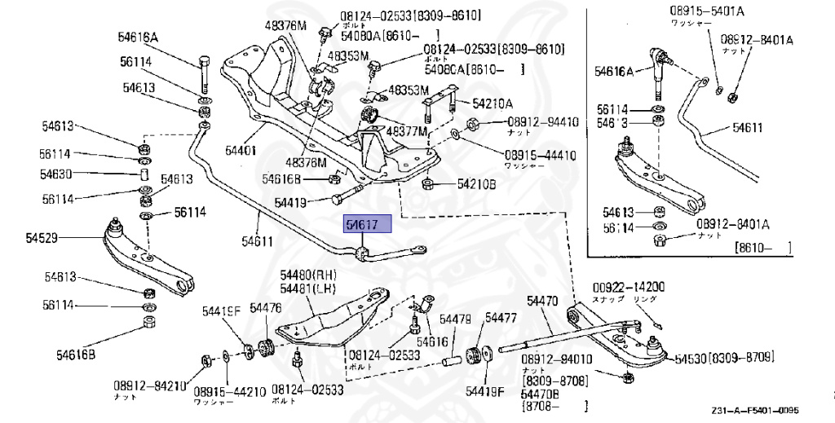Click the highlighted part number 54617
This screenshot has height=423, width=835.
tap(368, 225)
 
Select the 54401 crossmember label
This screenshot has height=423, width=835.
tap(241, 151)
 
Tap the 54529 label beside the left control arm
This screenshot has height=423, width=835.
tap(42, 238)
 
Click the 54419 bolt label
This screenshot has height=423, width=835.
tap(291, 202)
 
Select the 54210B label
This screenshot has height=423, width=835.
tap(476, 184)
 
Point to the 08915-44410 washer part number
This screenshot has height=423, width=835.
tap(539, 155)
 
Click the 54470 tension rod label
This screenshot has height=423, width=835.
tap(542, 301)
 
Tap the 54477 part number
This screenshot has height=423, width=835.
tap(501, 318)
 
